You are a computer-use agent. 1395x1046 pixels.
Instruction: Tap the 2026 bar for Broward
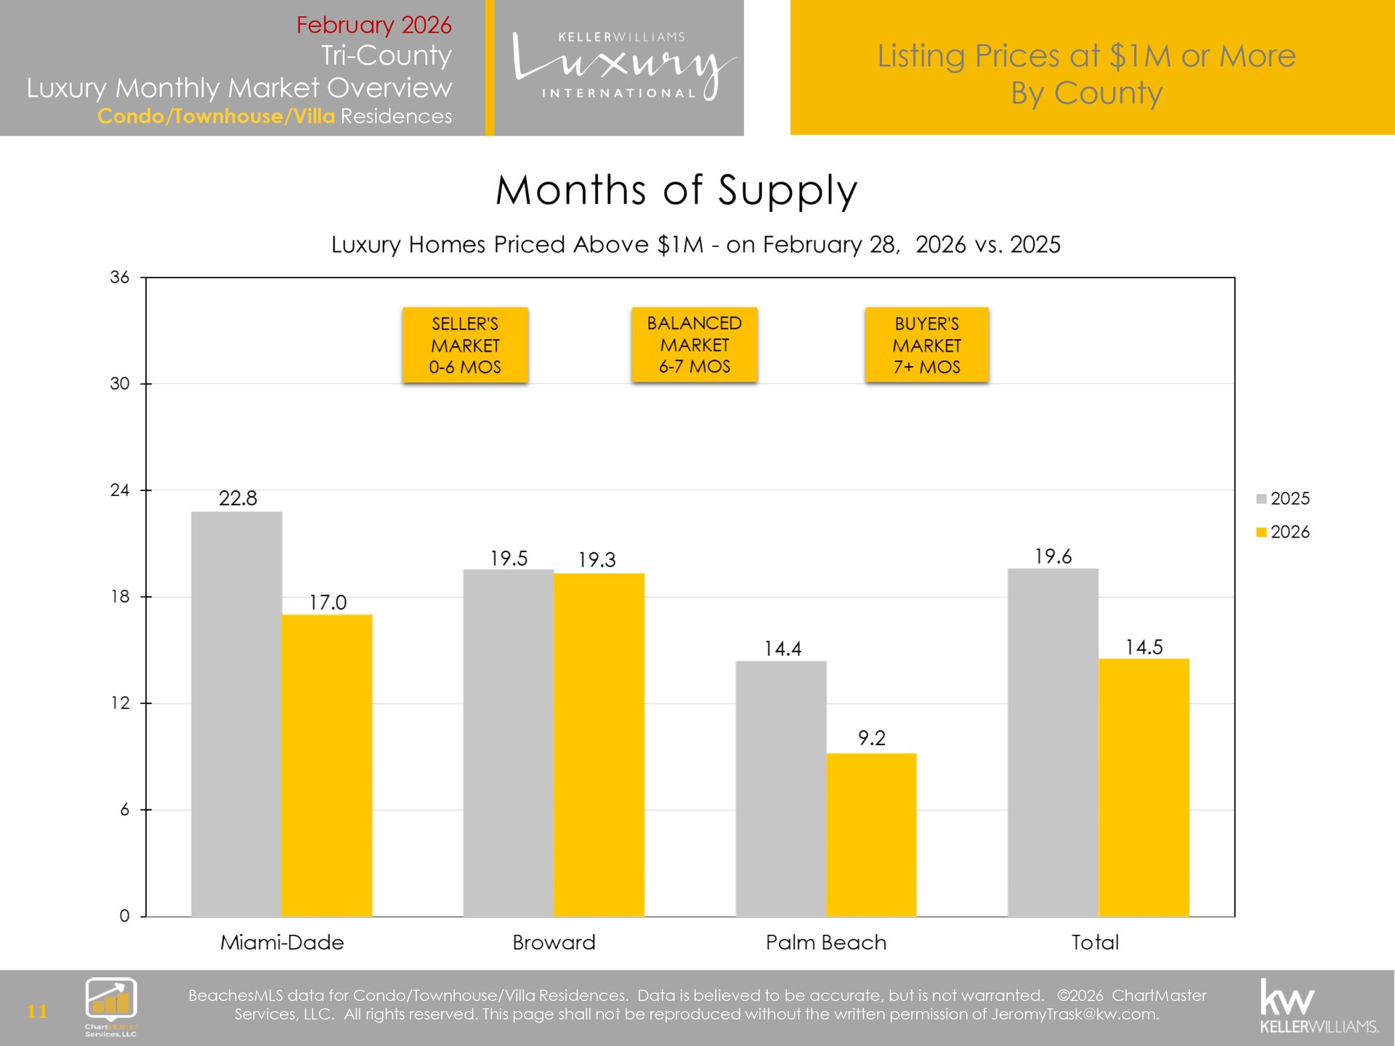coord(599,745)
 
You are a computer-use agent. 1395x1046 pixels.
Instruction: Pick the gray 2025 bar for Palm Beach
coord(781,788)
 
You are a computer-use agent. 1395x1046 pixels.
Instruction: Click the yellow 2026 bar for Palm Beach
coord(871,835)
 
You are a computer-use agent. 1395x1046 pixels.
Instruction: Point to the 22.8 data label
coord(238,498)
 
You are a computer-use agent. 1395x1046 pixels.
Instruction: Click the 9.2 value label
coord(871,738)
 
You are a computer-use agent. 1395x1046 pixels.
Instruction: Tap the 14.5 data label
coord(1144,647)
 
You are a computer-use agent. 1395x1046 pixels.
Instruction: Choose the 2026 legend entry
coord(1283,532)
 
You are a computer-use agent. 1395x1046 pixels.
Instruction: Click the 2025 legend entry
coord(1283,498)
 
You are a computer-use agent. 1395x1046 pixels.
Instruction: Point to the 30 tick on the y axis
coord(120,384)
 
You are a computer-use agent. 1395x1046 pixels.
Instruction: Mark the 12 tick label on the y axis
coord(120,703)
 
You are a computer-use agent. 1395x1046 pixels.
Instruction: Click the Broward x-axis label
coord(554,942)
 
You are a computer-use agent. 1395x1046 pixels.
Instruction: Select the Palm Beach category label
coord(826,942)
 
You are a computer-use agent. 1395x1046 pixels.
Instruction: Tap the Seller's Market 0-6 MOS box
coord(465,345)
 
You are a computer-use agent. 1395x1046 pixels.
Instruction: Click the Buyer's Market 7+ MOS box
coord(926,345)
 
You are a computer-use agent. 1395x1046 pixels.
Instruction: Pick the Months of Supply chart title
coord(676,190)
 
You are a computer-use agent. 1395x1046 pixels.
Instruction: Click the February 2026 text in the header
coord(373,25)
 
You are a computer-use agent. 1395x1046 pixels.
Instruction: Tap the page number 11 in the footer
coord(37,1011)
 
